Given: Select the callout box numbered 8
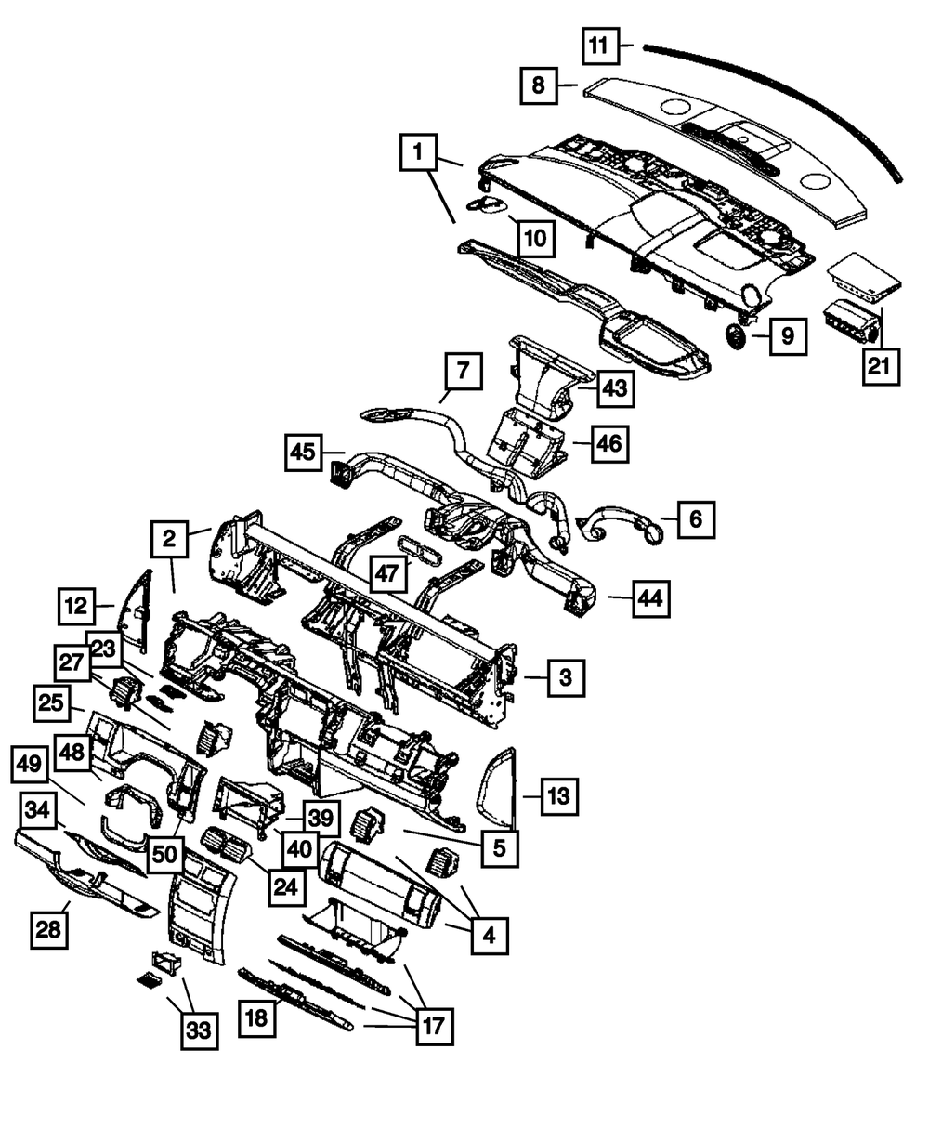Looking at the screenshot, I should tap(538, 87).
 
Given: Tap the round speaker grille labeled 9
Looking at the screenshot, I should tap(738, 337).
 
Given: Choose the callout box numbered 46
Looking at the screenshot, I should tap(608, 445).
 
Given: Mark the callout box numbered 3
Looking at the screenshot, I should tap(565, 679).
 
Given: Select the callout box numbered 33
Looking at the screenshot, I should tap(199, 1030).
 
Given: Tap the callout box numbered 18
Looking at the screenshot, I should tap(257, 1018).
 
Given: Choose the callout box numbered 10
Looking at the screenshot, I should tap(534, 239).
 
